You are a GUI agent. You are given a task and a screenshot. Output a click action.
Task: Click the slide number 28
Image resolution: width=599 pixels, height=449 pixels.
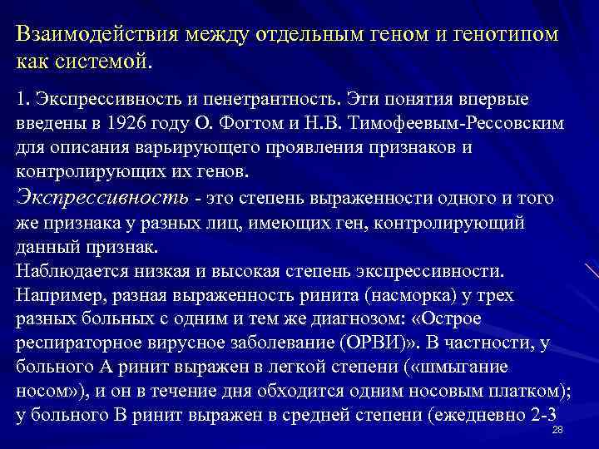tap(557, 430)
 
